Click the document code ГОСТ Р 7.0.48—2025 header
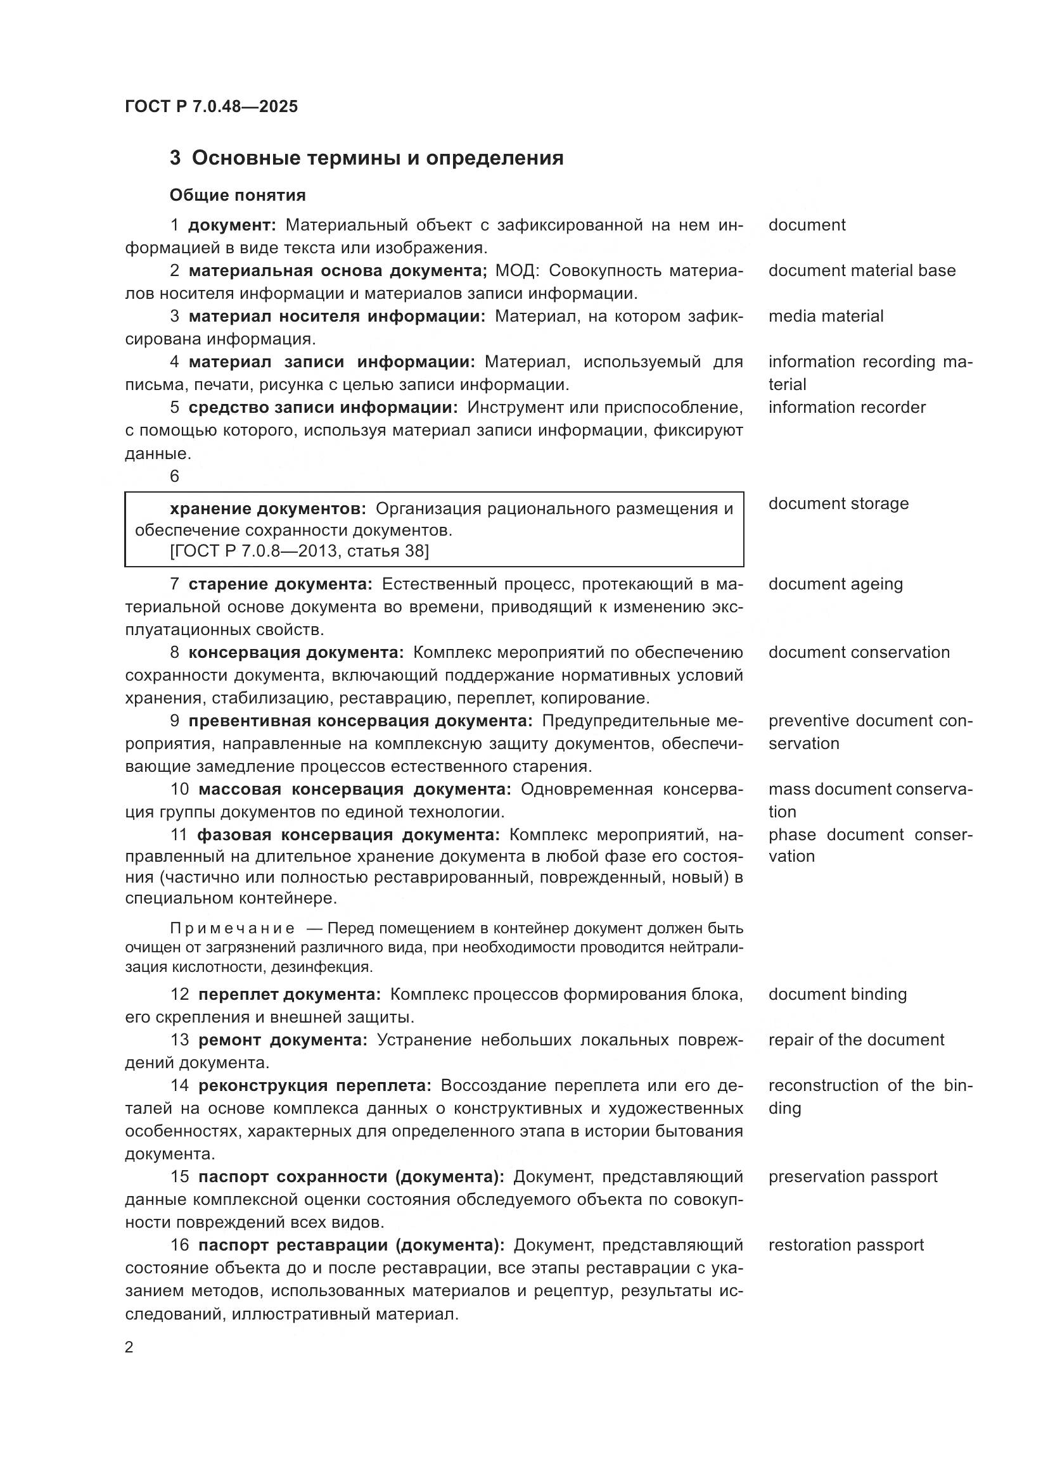211,106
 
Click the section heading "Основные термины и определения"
378,158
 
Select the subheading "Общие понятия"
238,195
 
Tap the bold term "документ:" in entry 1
232,225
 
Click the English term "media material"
826,316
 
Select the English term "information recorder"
847,407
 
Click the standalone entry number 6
175,476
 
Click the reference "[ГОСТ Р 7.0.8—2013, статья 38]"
299,551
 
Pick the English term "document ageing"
835,584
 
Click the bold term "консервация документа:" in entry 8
295,652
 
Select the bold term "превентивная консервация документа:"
360,721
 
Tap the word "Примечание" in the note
233,928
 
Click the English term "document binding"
837,994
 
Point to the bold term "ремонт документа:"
283,1040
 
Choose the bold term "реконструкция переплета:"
315,1086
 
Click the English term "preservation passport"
852,1176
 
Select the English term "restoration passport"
845,1245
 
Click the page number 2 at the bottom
129,1347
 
